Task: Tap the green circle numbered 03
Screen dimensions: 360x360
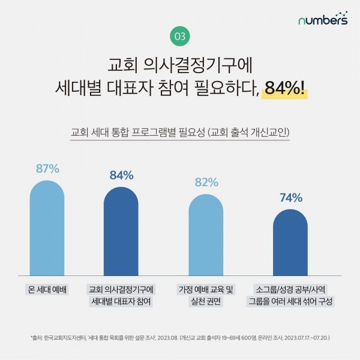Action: coord(180,36)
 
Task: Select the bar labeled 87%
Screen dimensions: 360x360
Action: coord(47,228)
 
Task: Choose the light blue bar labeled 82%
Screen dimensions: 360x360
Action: coord(206,235)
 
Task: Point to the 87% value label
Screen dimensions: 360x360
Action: coord(47,169)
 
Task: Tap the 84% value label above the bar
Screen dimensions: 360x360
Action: coord(121,175)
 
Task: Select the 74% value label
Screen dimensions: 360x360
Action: coord(290,197)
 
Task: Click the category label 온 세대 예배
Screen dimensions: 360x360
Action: coord(48,289)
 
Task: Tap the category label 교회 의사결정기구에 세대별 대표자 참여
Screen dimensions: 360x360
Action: coord(121,295)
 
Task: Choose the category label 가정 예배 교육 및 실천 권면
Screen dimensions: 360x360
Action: coord(206,295)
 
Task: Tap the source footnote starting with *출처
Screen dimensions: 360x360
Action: coord(180,337)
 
